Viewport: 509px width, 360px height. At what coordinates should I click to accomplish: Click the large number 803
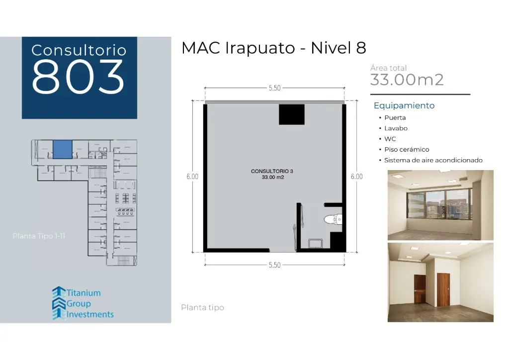pos(79,77)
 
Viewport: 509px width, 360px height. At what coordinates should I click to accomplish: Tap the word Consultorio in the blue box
pos(79,50)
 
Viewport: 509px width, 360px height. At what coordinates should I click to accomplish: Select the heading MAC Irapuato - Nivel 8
pos(274,48)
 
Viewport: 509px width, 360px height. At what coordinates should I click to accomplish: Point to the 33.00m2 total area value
pos(407,80)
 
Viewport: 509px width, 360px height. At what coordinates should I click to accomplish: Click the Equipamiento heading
pos(404,105)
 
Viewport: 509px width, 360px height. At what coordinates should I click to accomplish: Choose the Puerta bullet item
pos(395,118)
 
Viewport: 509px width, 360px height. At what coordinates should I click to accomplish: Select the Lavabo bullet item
pos(396,128)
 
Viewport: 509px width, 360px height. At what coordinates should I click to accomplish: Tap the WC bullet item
pos(390,139)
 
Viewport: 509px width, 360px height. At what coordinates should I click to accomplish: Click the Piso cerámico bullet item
pos(406,150)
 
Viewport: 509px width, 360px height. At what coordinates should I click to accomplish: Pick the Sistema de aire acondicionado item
pos(433,160)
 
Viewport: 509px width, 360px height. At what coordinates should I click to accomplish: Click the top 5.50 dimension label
pos(274,88)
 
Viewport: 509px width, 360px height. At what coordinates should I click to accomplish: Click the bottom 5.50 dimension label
pos(274,265)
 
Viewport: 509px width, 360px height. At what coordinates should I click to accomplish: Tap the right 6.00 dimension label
pos(356,177)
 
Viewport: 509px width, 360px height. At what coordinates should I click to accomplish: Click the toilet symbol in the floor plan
pos(333,219)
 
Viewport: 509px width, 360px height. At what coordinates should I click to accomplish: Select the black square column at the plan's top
pos(291,114)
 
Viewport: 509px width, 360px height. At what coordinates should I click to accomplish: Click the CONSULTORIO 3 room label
pos(272,171)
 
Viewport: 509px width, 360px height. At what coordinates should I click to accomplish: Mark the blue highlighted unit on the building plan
pos(63,149)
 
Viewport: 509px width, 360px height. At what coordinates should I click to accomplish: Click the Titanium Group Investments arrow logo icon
pos(59,303)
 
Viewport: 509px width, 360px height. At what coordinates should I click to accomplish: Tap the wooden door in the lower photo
pos(443,290)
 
